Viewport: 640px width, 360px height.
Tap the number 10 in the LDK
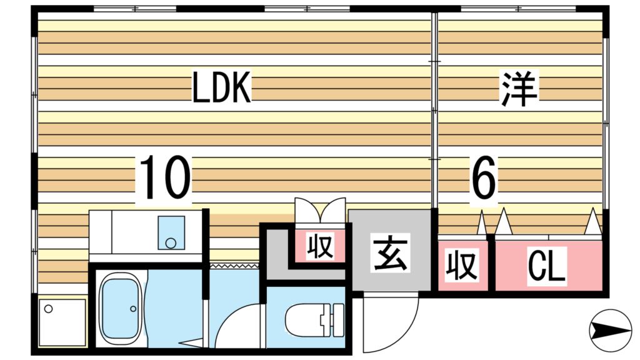click(x=164, y=179)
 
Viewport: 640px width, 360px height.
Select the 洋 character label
click(x=518, y=89)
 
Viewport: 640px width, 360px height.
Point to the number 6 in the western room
click(x=483, y=178)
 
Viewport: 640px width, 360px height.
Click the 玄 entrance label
click(x=390, y=254)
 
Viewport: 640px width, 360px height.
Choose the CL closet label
click(x=547, y=266)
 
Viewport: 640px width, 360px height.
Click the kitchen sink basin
click(x=171, y=232)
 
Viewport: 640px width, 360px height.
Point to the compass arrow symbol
click(x=611, y=329)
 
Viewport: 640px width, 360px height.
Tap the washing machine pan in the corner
click(x=62, y=321)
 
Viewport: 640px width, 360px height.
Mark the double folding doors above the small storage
click(x=319, y=209)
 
